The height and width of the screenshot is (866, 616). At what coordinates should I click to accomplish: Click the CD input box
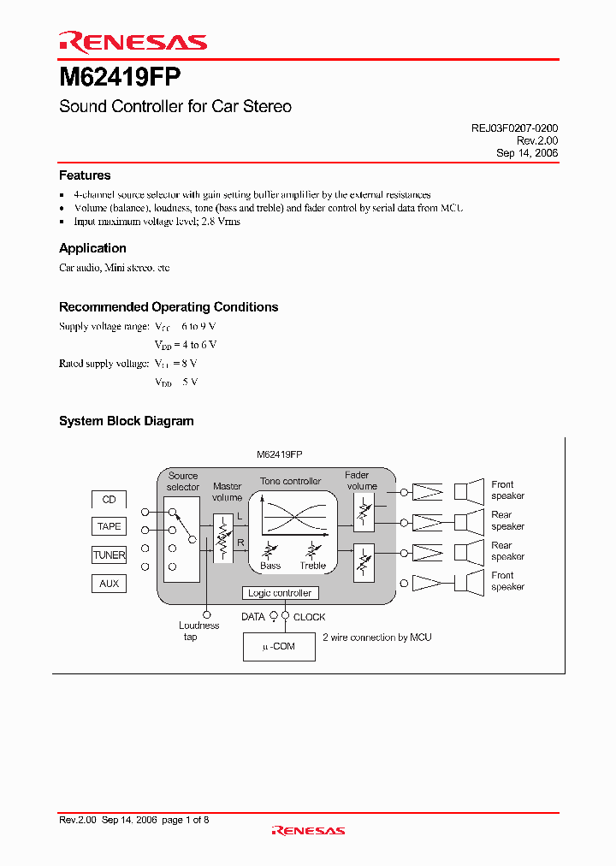109,499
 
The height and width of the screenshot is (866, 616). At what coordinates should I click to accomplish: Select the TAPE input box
109,527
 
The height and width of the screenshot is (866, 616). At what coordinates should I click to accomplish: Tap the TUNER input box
109,555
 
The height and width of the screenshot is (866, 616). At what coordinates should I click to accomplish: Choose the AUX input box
109,584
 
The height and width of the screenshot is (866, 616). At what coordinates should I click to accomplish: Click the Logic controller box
280,593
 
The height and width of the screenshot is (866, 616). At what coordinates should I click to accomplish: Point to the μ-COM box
280,646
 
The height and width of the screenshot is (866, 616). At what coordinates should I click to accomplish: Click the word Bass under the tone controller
270,566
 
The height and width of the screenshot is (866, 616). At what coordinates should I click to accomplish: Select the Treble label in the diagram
313,566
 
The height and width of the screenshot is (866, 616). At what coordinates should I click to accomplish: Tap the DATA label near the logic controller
253,617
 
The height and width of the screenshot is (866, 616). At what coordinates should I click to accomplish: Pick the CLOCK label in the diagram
310,617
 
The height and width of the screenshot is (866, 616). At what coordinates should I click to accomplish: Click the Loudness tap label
198,632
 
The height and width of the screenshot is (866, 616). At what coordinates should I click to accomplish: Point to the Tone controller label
290,482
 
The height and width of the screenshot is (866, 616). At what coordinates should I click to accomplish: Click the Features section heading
85,175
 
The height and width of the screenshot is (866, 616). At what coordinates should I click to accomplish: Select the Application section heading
92,248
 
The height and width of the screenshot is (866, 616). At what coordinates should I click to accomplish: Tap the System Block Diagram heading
126,421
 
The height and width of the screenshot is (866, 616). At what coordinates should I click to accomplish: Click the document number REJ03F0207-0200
515,128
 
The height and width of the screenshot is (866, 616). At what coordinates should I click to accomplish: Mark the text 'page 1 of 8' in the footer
186,821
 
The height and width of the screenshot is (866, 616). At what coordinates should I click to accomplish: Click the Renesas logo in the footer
308,830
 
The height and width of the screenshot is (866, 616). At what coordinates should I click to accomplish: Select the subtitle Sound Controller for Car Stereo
175,107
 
